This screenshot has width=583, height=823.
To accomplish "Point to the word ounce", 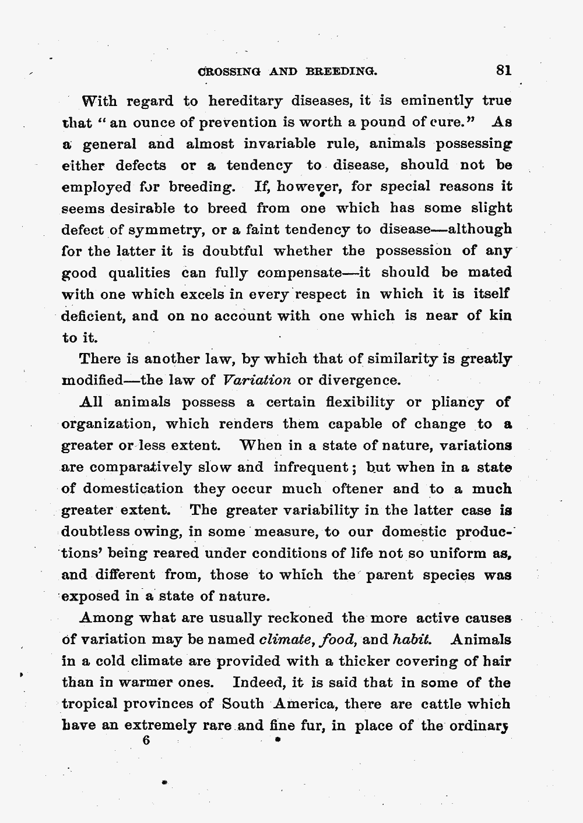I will pyautogui.click(x=140, y=123).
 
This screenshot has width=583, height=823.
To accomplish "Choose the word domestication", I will pyautogui.click(x=132, y=489).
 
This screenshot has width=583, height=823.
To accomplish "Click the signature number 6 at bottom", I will pyautogui.click(x=146, y=741).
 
